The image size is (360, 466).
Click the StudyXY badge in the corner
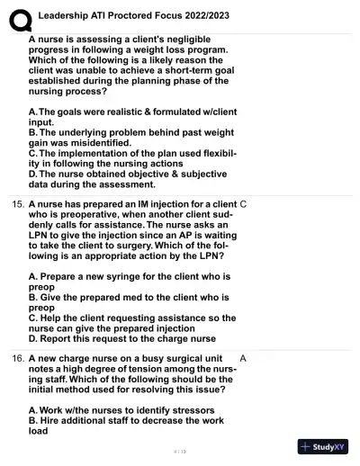(x=322, y=447)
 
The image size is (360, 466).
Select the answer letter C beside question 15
(x=244, y=204)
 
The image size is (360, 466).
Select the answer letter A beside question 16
(x=244, y=358)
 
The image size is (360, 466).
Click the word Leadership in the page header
(x=67, y=13)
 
